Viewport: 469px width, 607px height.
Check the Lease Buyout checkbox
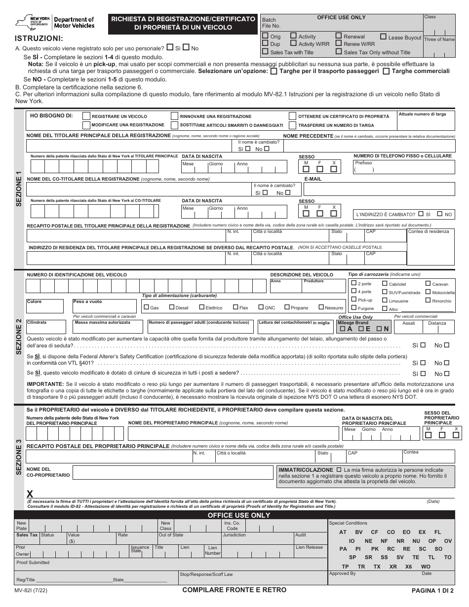(384, 37)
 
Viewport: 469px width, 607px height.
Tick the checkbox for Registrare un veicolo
(86, 116)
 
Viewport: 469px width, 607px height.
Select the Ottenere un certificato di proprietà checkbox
(293, 116)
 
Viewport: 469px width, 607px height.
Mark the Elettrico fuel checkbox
(201, 307)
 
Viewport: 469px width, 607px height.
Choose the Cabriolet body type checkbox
(385, 284)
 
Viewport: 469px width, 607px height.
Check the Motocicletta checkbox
(428, 292)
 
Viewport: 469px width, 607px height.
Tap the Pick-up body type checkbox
(353, 300)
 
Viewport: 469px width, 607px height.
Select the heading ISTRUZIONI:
(39, 38)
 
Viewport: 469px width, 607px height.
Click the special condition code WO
(426, 567)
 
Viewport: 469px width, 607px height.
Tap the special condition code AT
(343, 532)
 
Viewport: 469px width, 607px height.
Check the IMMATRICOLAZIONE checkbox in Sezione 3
(338, 469)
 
